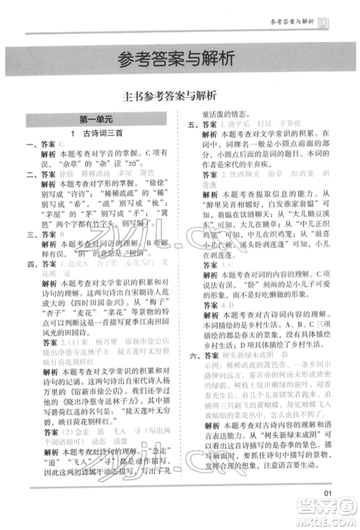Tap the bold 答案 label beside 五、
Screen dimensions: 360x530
(x=210, y=125)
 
